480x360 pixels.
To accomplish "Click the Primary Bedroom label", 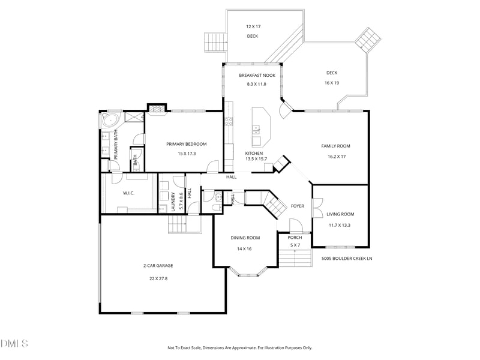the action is (x=187, y=144).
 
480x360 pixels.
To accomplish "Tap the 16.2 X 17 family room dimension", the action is (x=337, y=157).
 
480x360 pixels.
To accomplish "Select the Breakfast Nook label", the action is (x=257, y=76).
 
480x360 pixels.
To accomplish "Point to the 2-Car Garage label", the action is (x=158, y=266).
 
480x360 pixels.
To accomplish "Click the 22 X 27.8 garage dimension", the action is (x=158, y=278).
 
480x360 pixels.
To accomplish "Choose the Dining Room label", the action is (x=245, y=238).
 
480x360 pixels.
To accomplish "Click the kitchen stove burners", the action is (x=229, y=122).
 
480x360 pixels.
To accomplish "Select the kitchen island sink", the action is (x=256, y=130).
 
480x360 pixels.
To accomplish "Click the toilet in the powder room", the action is (x=217, y=208).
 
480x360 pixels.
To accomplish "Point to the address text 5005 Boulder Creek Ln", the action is (x=347, y=259).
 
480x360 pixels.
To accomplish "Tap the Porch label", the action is (x=295, y=238).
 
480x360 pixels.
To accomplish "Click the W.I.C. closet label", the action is (x=128, y=193).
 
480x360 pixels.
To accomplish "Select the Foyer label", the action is (x=297, y=206).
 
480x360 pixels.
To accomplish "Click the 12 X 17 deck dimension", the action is (x=253, y=26).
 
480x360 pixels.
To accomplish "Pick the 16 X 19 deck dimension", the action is (x=332, y=83).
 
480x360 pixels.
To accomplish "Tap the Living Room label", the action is (x=340, y=214).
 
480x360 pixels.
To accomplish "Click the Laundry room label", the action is (x=173, y=202).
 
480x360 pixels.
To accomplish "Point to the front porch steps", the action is (x=295, y=258).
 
